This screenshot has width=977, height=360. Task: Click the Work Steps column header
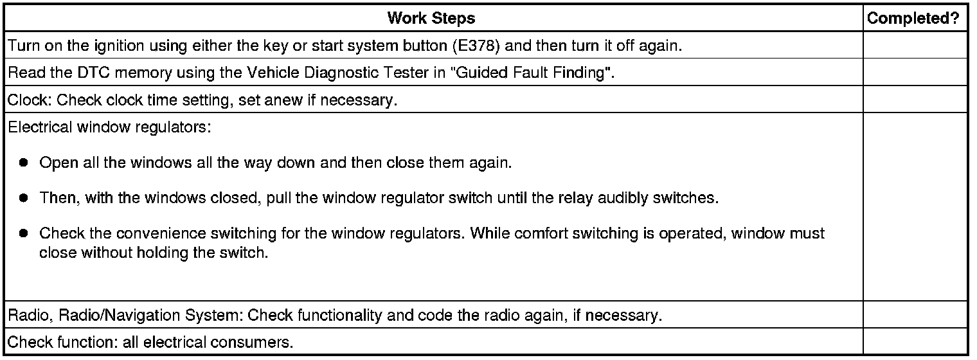pyautogui.click(x=431, y=18)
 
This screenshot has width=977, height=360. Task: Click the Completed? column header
pyautogui.click(x=916, y=18)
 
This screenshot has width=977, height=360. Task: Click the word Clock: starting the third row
pyautogui.click(x=30, y=101)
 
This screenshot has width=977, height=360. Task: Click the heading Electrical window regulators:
pyautogui.click(x=109, y=127)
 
